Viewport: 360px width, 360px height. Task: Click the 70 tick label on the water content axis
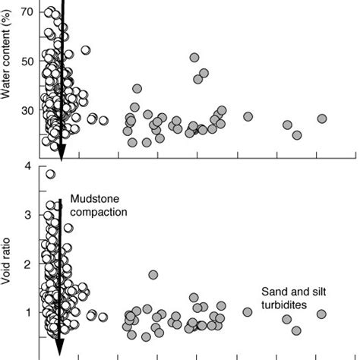coord(27,12)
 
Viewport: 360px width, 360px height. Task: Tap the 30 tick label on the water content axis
coord(27,110)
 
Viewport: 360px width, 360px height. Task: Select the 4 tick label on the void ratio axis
coord(29,166)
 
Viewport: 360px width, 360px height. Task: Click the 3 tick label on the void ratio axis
coord(29,215)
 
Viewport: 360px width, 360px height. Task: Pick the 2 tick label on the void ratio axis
coord(29,264)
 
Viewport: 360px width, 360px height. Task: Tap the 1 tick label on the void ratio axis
coord(29,313)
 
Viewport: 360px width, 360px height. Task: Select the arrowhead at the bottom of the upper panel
coord(62,153)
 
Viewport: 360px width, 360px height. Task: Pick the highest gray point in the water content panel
coord(194,58)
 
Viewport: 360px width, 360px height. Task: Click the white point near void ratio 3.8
coord(50,174)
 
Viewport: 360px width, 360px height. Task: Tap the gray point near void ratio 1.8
coord(153,275)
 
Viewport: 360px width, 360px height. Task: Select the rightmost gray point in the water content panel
coord(322,118)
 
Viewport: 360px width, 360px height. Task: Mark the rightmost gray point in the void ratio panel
coord(321,314)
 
